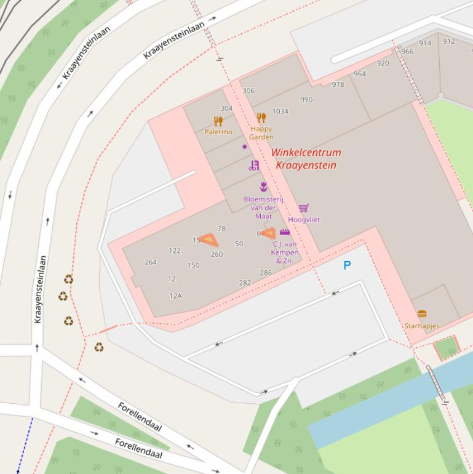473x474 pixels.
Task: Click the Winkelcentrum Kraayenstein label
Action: pyautogui.click(x=306, y=159)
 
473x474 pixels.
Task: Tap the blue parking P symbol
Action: pyautogui.click(x=347, y=265)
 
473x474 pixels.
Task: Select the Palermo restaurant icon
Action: pyautogui.click(x=218, y=121)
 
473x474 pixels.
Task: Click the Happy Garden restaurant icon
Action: pyautogui.click(x=261, y=118)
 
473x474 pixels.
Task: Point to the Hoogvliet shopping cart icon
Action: pyautogui.click(x=303, y=209)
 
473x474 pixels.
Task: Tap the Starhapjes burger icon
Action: pyautogui.click(x=421, y=315)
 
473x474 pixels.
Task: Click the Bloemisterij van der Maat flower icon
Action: pyautogui.click(x=264, y=187)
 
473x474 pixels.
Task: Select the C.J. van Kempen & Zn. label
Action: pyautogui.click(x=285, y=252)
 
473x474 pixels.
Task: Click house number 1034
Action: pyautogui.click(x=280, y=111)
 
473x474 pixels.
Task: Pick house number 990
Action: pyautogui.click(x=306, y=99)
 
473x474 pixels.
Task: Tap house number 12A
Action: pyautogui.click(x=175, y=295)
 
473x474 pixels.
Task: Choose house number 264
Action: pyautogui.click(x=151, y=262)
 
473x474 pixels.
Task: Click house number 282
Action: pyautogui.click(x=245, y=283)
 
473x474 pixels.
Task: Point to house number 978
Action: pyautogui.click(x=338, y=84)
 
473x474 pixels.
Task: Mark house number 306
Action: pyautogui.click(x=248, y=90)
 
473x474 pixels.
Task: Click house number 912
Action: pyautogui.click(x=449, y=41)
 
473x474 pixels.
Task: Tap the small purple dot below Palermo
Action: pyautogui.click(x=245, y=147)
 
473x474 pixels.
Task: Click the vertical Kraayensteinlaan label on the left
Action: pyautogui.click(x=39, y=289)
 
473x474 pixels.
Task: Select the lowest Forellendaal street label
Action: pyautogui.click(x=138, y=449)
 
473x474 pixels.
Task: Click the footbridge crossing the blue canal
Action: pyautogui.click(x=436, y=382)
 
